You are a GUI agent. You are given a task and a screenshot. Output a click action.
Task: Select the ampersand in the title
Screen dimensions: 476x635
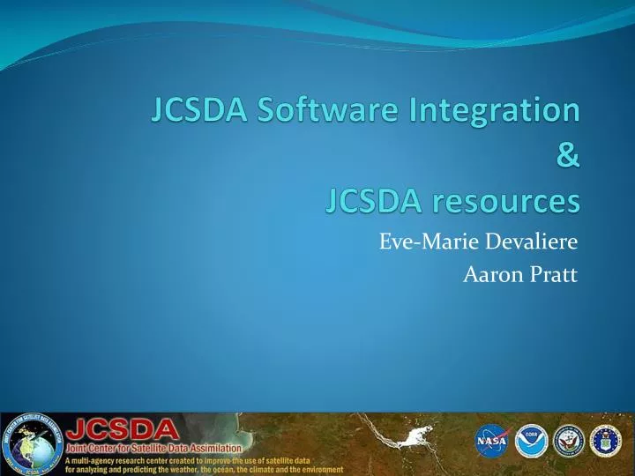point(569,157)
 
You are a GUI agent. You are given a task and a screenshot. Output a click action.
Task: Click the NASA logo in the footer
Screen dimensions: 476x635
point(490,440)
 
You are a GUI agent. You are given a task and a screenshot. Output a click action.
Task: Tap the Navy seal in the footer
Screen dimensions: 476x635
point(568,440)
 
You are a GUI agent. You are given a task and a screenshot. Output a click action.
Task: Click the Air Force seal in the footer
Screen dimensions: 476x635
point(606,440)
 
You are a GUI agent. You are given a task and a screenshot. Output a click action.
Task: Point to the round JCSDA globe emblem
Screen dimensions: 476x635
point(30,443)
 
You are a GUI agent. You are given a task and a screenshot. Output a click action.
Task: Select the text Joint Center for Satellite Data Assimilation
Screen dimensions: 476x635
point(153,450)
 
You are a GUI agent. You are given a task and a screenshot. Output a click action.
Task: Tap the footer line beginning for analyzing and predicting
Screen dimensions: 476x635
point(204,470)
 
